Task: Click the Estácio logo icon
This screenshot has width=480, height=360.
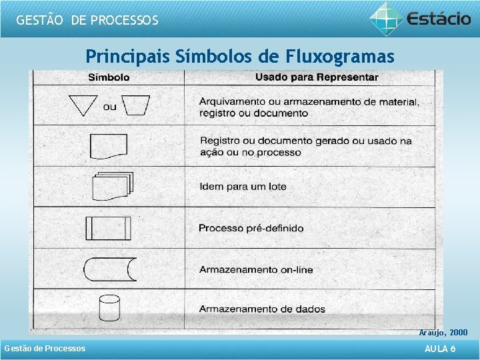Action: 386,17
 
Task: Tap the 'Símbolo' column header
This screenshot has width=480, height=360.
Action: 109,77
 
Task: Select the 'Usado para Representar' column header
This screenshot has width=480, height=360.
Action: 317,77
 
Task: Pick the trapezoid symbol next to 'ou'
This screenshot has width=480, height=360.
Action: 137,105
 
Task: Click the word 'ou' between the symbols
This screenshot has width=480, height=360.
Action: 109,107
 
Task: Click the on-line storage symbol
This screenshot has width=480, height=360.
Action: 109,269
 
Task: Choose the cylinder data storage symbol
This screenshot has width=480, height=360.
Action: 109,308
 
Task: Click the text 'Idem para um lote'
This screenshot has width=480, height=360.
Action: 243,187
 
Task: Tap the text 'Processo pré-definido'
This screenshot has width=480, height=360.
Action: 251,228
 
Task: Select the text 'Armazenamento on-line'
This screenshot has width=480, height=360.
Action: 255,269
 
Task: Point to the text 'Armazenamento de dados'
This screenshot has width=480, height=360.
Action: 262,309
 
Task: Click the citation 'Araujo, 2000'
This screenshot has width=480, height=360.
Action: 443,332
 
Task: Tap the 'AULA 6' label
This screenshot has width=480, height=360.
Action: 440,349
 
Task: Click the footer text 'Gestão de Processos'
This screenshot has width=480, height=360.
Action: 45,349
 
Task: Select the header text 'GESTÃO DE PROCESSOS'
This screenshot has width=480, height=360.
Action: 87,20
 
